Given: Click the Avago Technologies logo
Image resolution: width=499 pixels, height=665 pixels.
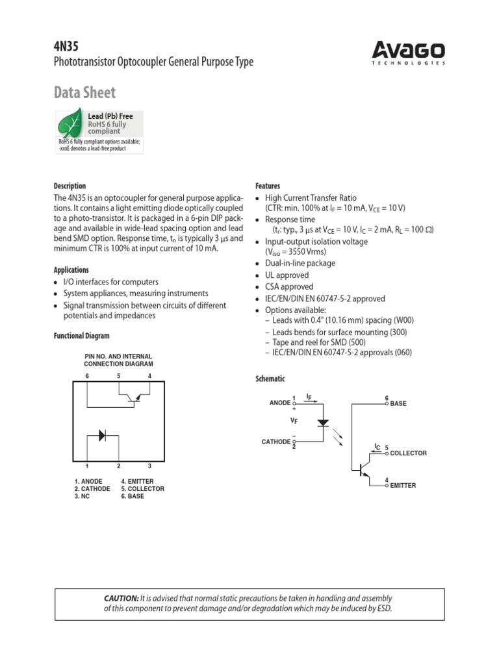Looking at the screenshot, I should [x=408, y=52].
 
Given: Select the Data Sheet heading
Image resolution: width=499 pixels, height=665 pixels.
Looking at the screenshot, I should [x=84, y=92].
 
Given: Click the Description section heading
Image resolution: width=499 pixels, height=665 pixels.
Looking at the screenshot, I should [x=69, y=186].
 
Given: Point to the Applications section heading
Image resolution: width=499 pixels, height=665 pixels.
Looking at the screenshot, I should [x=71, y=270].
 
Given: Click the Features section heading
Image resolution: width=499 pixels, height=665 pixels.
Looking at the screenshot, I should [x=268, y=186].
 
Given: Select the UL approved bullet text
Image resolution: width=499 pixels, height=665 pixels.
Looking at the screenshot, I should [x=287, y=275].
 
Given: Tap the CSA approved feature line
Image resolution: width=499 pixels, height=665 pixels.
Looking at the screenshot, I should [x=288, y=287].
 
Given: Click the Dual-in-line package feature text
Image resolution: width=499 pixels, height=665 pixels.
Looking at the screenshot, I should [x=300, y=264].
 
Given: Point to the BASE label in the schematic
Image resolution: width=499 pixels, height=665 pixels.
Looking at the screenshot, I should [x=398, y=404].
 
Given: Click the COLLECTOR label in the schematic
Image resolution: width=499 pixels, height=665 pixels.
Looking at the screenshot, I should [x=408, y=453].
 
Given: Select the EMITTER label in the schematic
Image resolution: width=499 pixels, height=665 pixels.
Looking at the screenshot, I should [x=403, y=486].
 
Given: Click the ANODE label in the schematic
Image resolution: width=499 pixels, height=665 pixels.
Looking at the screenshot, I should [x=280, y=403].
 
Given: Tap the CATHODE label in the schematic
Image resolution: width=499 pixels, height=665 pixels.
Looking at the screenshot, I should [x=276, y=442].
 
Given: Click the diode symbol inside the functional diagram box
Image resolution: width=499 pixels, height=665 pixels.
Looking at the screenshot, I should [x=103, y=435].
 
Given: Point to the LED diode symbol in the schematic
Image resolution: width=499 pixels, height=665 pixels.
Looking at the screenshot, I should [x=323, y=423].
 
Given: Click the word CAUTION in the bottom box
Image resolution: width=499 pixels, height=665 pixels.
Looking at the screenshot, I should [x=122, y=598].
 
